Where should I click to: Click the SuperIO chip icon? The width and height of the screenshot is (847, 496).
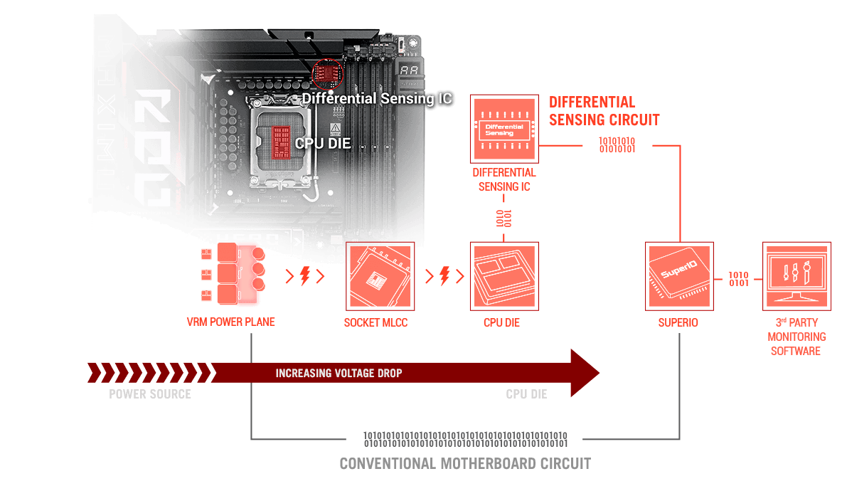[x=678, y=276]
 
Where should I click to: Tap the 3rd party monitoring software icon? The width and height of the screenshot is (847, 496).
[x=796, y=276]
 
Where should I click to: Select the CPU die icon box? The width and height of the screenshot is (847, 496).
[x=504, y=276]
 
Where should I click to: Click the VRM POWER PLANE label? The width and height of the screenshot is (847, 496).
[x=230, y=322]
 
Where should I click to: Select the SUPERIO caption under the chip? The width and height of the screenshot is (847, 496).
[x=678, y=322]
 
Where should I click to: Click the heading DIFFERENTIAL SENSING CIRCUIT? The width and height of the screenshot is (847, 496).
[x=603, y=110]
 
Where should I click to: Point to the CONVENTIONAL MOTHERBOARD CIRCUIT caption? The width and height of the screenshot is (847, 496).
[x=465, y=464]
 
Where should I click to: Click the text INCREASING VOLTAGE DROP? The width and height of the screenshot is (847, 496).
[x=339, y=373]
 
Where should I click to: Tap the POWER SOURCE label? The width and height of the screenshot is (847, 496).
[x=150, y=394]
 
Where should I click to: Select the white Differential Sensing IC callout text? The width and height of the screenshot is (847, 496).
[x=377, y=98]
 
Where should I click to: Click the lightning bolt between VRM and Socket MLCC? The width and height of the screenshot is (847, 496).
[x=304, y=275]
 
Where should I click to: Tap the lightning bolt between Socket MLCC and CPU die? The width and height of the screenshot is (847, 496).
[x=444, y=275]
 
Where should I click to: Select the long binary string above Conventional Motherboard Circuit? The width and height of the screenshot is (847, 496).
[x=465, y=438]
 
